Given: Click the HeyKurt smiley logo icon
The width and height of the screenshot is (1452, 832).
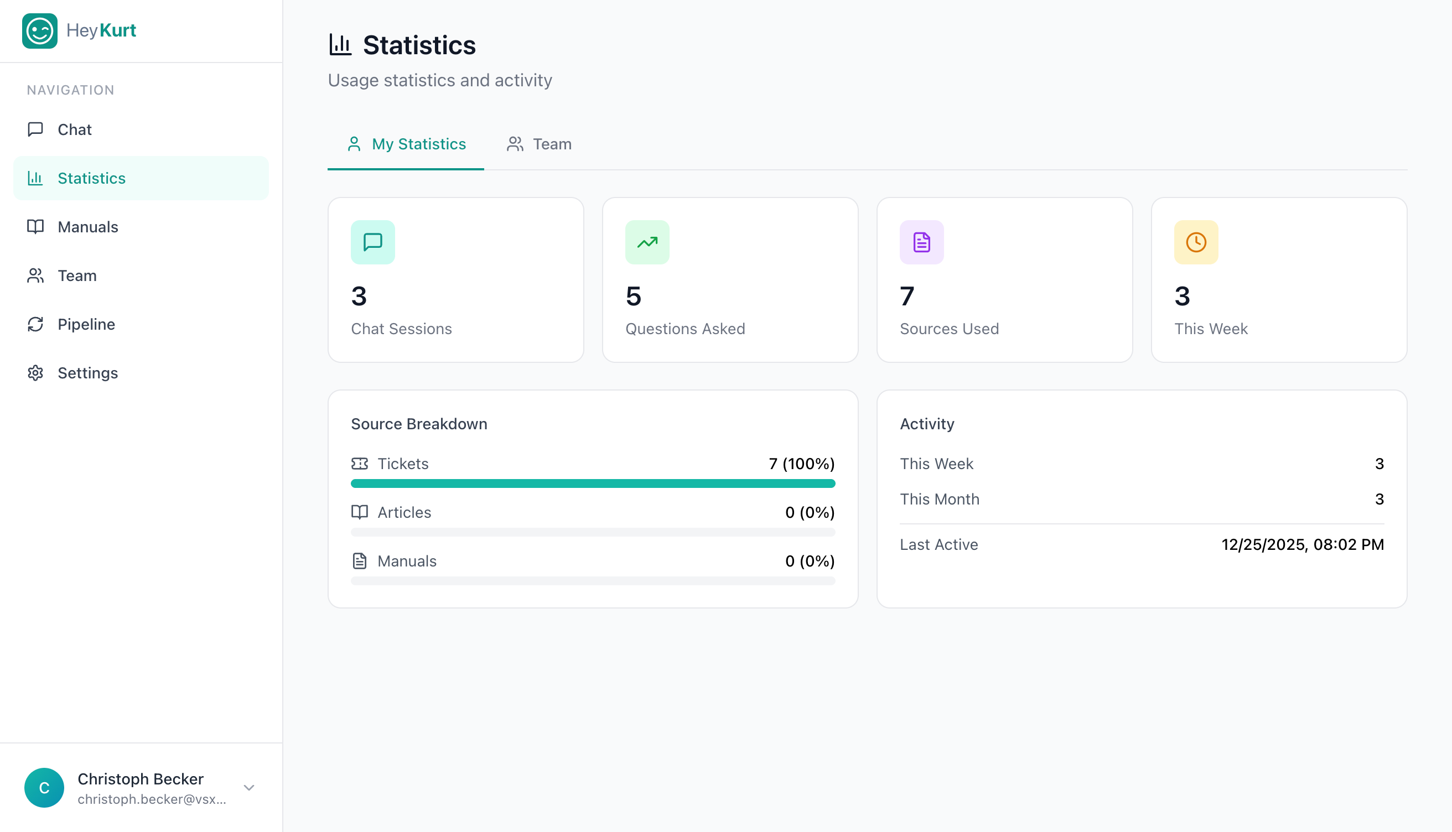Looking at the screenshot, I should point(39,31).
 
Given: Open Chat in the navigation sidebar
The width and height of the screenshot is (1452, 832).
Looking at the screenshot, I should point(74,129).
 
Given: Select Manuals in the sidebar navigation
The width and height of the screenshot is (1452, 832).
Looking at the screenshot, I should point(87,227).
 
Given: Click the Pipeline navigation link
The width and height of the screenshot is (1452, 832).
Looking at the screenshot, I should point(86,324).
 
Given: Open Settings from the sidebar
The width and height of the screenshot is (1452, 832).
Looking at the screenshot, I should point(87,372).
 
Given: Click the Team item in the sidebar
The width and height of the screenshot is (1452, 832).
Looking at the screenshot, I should point(76,275).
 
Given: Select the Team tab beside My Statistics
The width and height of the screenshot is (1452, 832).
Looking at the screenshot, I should point(539,144).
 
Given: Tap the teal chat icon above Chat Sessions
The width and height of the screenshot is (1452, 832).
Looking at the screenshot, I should point(372,242).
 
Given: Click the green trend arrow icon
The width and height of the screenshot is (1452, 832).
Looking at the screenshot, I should point(647,242).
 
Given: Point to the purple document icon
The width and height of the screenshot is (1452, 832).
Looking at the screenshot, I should point(921,242).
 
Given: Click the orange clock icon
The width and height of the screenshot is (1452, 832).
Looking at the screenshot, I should point(1195,242).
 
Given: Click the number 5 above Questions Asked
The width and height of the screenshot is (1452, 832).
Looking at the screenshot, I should point(633,296).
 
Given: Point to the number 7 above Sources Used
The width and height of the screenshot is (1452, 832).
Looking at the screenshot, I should point(907,296).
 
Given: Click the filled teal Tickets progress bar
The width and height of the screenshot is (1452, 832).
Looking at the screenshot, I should point(593,483).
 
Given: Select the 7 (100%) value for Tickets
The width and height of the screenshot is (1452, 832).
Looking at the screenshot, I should point(801,464).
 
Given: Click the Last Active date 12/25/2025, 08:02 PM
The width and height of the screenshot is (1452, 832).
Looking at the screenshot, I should point(1302,544).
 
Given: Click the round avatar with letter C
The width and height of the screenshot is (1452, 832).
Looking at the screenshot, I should point(44,787).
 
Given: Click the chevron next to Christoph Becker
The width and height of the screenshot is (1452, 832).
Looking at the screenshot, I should point(248,787).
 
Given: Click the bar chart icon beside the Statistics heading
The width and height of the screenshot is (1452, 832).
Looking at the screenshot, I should point(340,45).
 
